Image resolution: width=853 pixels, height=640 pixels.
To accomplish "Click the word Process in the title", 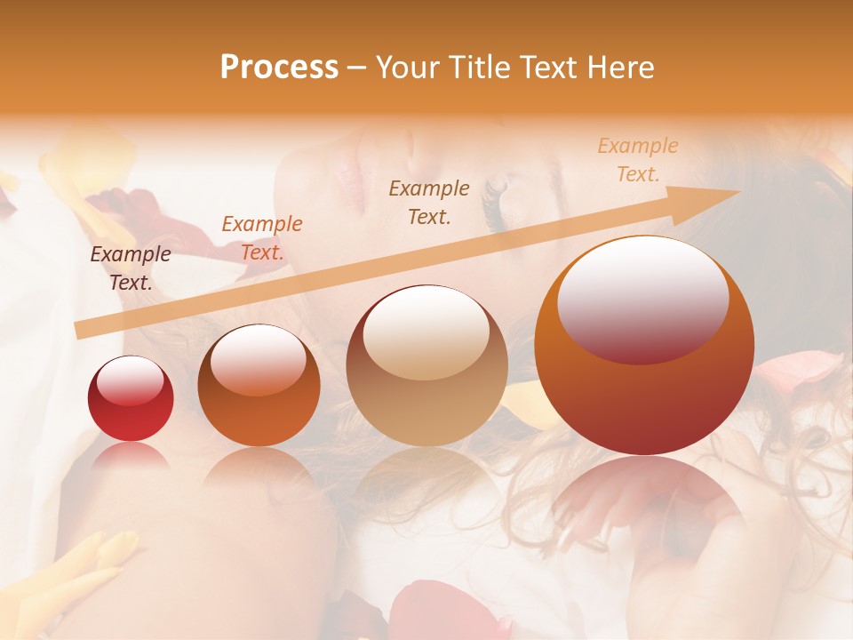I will tap(279, 68).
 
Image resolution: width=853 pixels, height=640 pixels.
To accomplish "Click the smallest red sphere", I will tap(131, 398).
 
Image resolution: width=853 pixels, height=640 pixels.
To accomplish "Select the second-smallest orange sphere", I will tap(259, 386).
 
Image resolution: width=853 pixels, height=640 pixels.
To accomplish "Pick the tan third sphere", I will tap(426, 365).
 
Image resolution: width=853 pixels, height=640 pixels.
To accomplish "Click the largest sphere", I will tap(644, 346).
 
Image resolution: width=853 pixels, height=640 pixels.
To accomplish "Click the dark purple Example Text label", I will tap(131, 268).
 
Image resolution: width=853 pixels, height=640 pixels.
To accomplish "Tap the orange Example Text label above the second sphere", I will tap(262, 238).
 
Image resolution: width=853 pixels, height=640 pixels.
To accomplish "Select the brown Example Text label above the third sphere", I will tap(429, 202).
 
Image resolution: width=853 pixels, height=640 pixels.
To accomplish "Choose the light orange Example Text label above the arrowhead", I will tap(638, 160).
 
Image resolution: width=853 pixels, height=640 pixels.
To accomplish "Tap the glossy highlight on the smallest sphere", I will tap(130, 380).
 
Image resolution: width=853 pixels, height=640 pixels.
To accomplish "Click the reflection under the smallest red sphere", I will tap(131, 455).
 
